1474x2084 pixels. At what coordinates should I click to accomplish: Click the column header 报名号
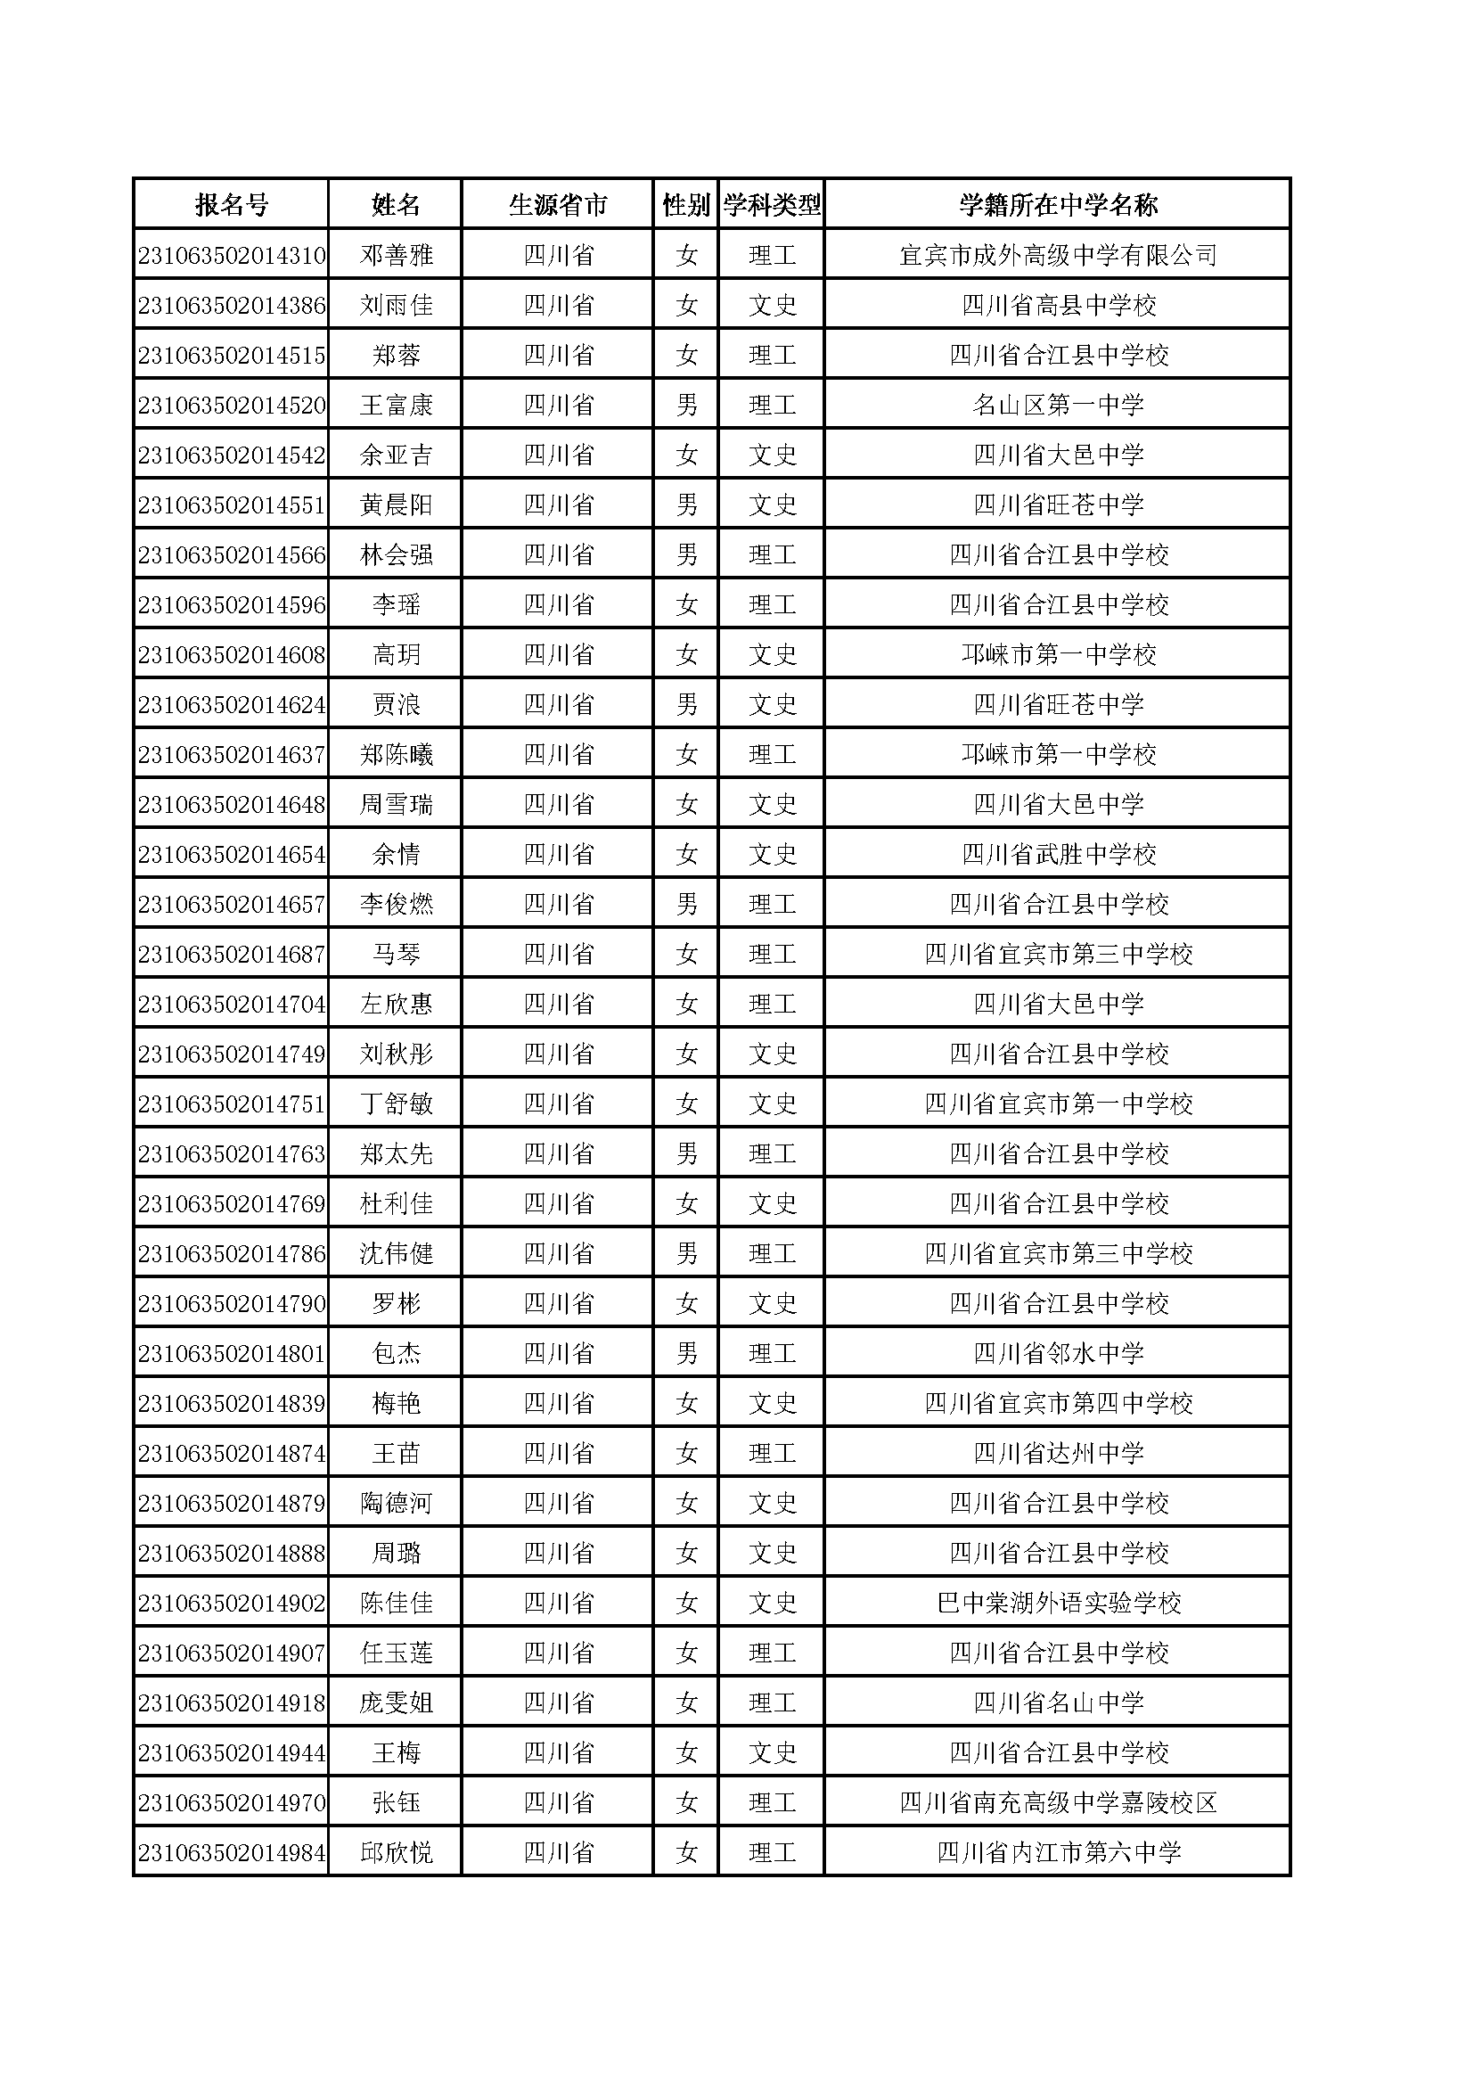coord(232,205)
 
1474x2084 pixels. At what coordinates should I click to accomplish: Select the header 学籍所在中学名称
coord(1058,205)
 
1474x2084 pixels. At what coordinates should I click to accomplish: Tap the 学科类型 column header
coord(772,205)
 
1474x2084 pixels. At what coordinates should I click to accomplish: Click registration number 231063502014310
coord(232,256)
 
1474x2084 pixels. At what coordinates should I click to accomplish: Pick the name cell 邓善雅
coord(396,256)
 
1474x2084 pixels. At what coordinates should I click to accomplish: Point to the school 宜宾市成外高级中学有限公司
coord(1058,256)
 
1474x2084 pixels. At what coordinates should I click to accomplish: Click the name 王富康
coord(396,406)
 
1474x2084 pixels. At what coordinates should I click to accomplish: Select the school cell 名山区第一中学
coord(1058,406)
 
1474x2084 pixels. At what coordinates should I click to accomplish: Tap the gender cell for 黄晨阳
coord(686,505)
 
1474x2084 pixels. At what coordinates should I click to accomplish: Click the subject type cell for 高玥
coord(772,655)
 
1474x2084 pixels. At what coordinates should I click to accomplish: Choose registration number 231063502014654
coord(232,855)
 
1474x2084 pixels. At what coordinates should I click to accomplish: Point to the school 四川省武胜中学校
coord(1058,855)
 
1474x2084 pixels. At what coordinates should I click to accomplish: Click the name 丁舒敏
coord(396,1104)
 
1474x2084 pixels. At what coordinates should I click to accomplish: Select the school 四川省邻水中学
coord(1058,1354)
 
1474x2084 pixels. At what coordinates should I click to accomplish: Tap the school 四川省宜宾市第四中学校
coord(1058,1404)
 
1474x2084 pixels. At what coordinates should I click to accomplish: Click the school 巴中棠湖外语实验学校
coord(1058,1604)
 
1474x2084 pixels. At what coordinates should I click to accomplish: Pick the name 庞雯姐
coord(396,1703)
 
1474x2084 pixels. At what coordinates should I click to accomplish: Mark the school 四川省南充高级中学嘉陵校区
coord(1058,1803)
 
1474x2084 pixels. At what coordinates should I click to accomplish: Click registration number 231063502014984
coord(232,1853)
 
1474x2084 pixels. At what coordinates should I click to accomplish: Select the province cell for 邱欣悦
coord(558,1853)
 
